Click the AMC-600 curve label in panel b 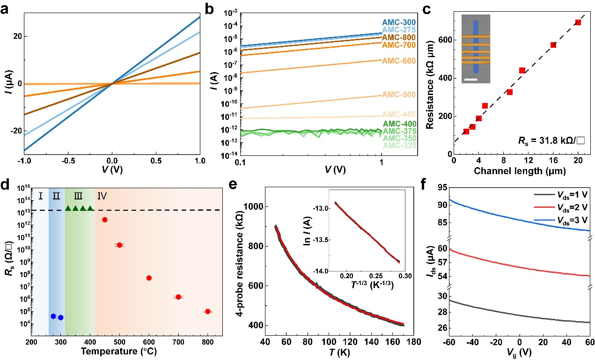[x=397, y=61]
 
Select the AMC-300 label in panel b [x=397, y=22]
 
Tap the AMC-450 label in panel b [x=397, y=114]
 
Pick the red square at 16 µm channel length [x=553, y=44]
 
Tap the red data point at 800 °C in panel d [x=208, y=311]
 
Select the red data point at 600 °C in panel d [x=149, y=278]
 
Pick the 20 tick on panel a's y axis [x=22, y=36]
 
